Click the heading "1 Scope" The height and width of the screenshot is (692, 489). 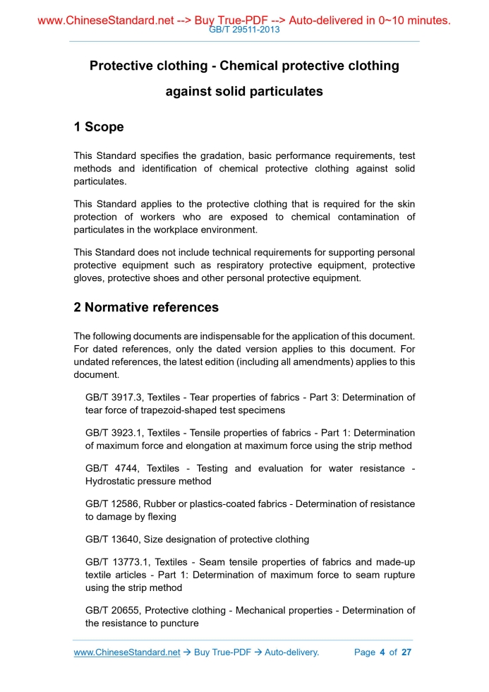(x=99, y=127)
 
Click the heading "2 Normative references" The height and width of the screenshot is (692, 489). (x=146, y=307)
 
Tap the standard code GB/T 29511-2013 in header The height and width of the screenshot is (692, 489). (x=244, y=30)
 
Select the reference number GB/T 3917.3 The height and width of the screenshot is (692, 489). (x=113, y=398)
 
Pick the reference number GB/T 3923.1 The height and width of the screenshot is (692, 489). (x=113, y=433)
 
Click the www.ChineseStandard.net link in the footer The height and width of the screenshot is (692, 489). (x=127, y=652)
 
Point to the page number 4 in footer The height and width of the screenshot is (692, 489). (x=382, y=652)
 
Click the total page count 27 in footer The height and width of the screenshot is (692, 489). (x=406, y=652)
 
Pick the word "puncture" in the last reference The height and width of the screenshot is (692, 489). (x=179, y=624)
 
